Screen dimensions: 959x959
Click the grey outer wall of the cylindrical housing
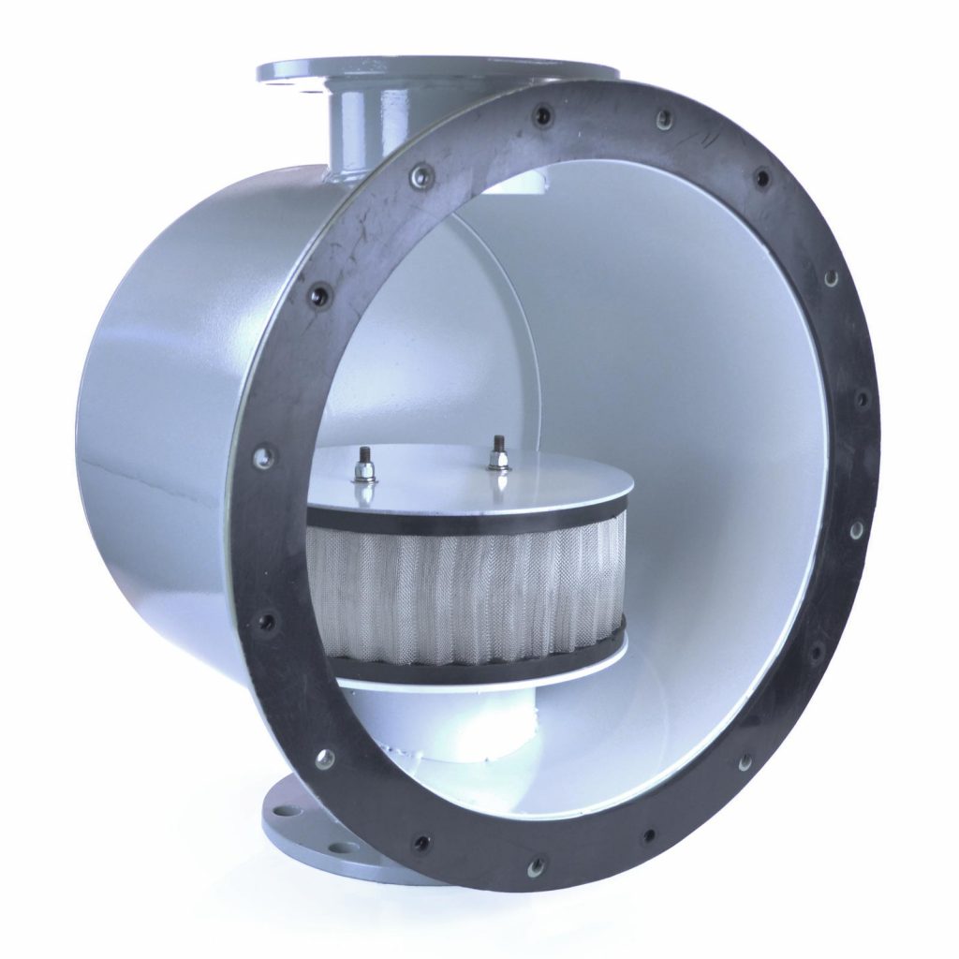click(159, 421)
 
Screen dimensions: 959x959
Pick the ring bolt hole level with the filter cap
click(265, 457)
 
